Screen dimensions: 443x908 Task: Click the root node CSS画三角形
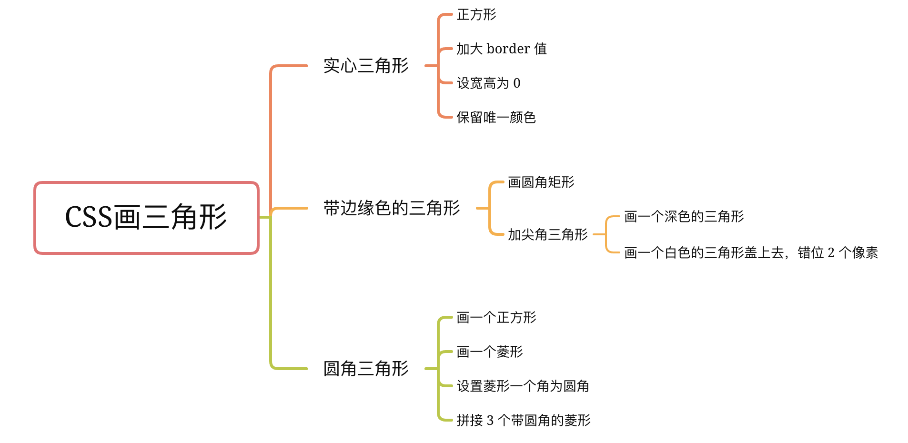coord(146,218)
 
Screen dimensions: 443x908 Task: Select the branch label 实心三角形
coord(366,66)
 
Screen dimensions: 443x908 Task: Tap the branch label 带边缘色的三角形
coord(392,208)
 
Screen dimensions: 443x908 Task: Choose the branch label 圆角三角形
coord(366,369)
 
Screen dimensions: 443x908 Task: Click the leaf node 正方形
coord(476,15)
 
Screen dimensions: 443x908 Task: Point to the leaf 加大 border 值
coord(501,49)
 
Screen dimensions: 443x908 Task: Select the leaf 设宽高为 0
coord(488,83)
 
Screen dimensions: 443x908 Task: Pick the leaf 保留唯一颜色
coord(496,118)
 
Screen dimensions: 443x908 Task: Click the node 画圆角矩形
coord(541,182)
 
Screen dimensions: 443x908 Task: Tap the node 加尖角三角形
coord(547,235)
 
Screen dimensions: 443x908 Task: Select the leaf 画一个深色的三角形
coord(684,217)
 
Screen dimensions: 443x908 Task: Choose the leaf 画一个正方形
coord(496,318)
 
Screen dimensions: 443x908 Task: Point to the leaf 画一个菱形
coord(489,352)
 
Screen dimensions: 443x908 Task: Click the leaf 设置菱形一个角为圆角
coord(523,386)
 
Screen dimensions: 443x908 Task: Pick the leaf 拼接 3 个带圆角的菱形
coord(523,421)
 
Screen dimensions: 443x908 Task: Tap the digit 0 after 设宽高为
coord(517,83)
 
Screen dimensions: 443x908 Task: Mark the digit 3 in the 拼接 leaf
coord(490,421)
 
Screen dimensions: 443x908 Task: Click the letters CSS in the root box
coord(89,218)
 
